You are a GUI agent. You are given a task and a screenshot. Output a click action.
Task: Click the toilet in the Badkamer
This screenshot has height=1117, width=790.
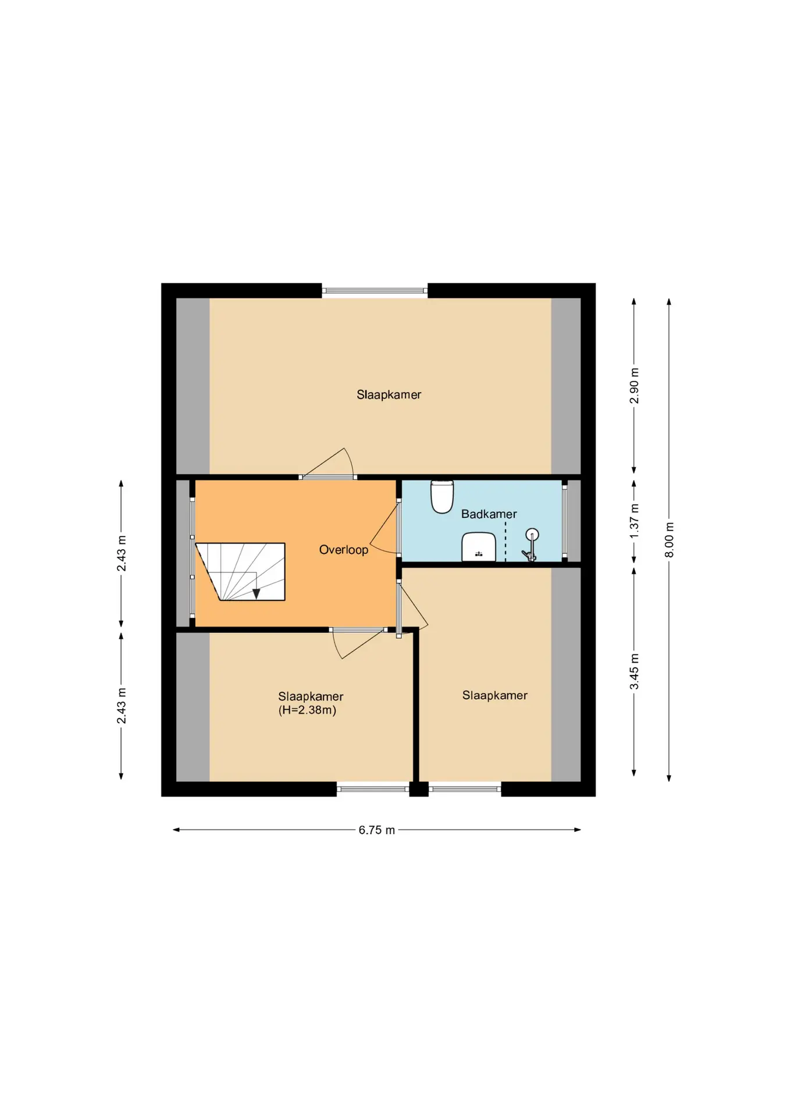(x=442, y=496)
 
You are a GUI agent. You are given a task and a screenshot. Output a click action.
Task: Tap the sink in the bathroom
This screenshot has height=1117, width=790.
(x=479, y=547)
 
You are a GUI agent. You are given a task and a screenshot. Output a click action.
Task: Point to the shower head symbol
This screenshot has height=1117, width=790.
(x=531, y=545)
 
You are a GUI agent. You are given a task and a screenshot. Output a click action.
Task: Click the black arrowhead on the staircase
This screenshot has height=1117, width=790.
(x=256, y=593)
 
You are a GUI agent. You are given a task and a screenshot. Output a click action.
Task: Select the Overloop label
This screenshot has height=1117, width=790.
(x=344, y=550)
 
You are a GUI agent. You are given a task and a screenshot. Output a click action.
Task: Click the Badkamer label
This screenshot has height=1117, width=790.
(x=489, y=514)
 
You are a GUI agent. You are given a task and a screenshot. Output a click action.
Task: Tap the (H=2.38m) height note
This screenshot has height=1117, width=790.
(x=307, y=710)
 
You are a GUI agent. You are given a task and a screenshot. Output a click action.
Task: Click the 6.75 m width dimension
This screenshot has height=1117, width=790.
(x=377, y=830)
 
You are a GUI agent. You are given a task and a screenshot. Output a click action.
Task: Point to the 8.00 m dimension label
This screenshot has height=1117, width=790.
(x=670, y=539)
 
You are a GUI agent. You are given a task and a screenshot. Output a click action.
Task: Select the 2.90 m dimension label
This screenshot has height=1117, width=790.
(x=635, y=386)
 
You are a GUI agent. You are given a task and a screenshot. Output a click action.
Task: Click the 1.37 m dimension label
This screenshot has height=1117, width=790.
(x=635, y=521)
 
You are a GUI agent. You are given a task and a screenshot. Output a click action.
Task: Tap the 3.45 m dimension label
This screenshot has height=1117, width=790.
(x=635, y=671)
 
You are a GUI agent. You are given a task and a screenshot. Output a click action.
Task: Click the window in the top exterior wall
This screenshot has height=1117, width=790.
(x=375, y=290)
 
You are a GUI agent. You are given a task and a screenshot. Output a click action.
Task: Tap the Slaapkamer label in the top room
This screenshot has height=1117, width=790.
(x=389, y=394)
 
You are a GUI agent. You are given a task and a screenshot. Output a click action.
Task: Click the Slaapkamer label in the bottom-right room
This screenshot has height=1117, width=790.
(x=494, y=695)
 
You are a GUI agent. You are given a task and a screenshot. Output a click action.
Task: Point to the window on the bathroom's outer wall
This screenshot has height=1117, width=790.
(x=564, y=521)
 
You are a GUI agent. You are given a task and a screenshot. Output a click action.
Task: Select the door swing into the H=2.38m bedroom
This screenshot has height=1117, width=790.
(x=358, y=643)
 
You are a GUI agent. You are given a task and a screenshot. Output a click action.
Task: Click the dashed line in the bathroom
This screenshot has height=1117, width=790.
(x=506, y=542)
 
